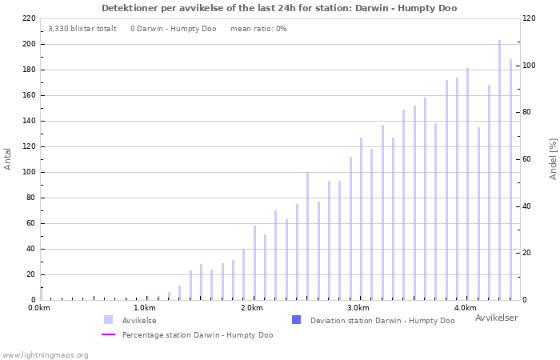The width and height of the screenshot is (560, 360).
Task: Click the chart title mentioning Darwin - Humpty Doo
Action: pyautogui.click(x=279, y=8)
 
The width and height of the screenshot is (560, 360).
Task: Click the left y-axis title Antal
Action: pyautogui.click(x=8, y=158)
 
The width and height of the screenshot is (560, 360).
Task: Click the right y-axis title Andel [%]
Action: pyautogui.click(x=553, y=158)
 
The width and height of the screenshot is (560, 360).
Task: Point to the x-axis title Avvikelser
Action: pyautogui.click(x=496, y=318)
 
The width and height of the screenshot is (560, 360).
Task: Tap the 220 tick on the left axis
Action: pyautogui.click(x=29, y=18)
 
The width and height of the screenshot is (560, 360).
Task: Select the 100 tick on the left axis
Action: pyautogui.click(x=29, y=172)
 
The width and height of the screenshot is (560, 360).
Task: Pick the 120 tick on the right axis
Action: pyautogui.click(x=530, y=18)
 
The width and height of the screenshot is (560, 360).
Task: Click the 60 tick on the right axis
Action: pyautogui.click(x=528, y=159)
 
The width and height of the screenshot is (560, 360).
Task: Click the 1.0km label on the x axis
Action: pyautogui.click(x=144, y=308)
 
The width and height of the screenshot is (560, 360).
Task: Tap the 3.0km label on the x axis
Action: pyautogui.click(x=358, y=308)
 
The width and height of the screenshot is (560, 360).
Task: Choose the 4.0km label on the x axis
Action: pyautogui.click(x=464, y=308)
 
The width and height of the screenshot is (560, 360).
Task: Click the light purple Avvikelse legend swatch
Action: pyautogui.click(x=108, y=320)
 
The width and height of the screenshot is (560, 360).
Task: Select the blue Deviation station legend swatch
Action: pyautogui.click(x=296, y=320)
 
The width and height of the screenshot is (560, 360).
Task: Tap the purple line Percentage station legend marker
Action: pyautogui.click(x=108, y=334)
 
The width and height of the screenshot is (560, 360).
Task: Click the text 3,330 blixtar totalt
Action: pyautogui.click(x=82, y=29)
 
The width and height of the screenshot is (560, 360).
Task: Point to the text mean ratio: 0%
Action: pyautogui.click(x=258, y=29)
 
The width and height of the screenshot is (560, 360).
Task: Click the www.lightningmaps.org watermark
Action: pyautogui.click(x=45, y=354)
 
